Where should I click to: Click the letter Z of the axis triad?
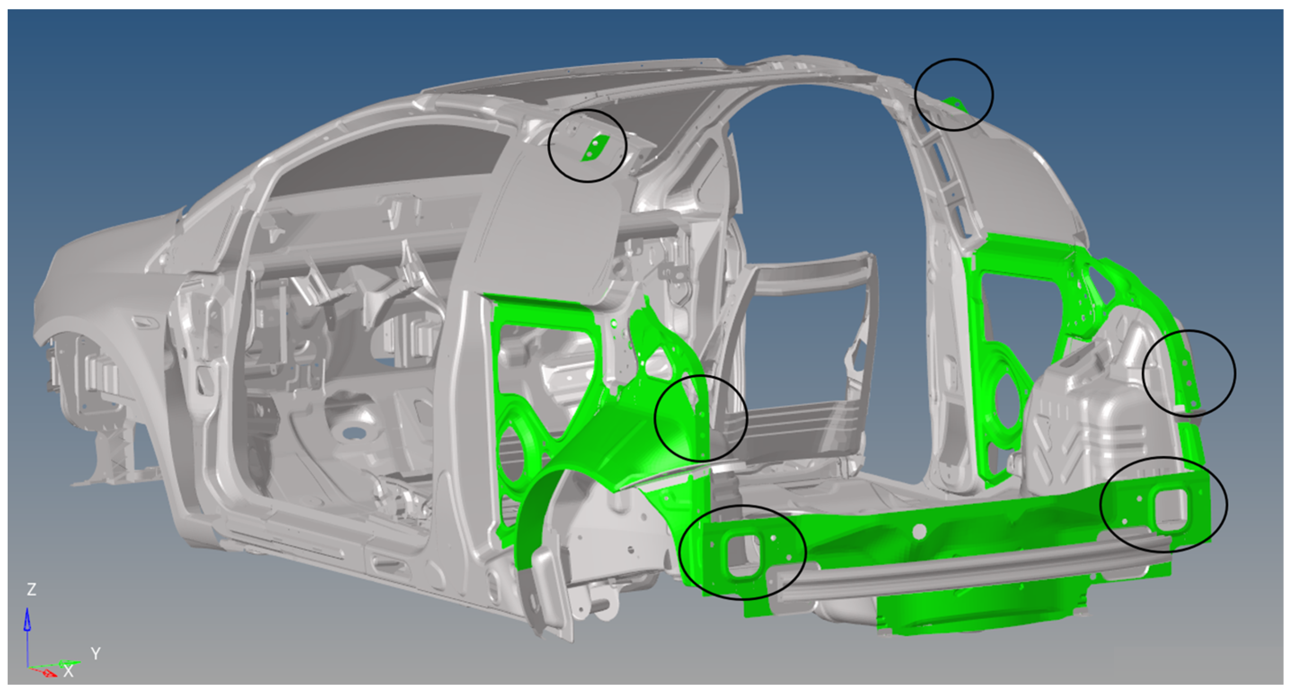tap(31, 589)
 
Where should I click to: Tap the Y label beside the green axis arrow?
tap(96, 654)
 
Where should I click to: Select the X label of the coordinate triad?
tap(69, 671)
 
